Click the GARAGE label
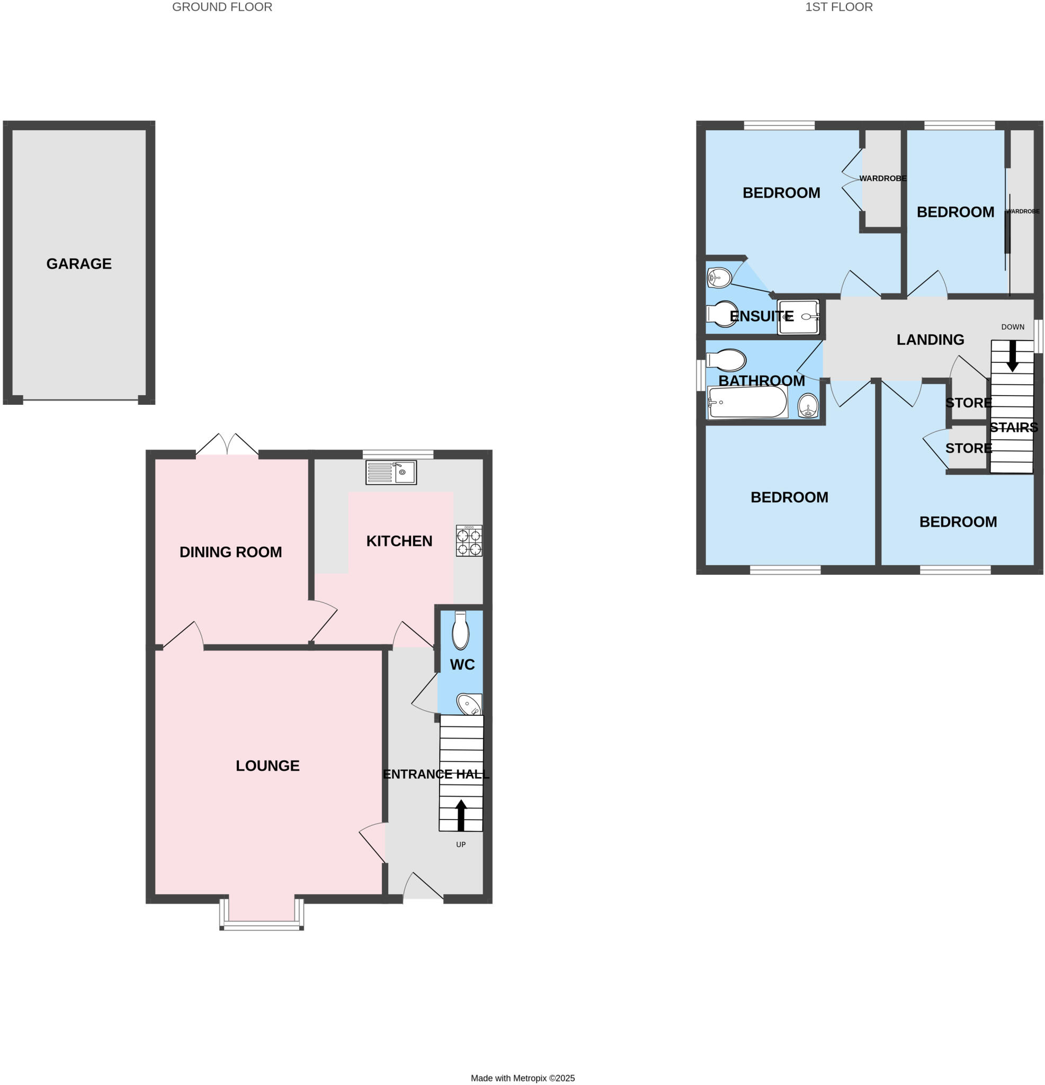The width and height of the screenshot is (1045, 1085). click(x=78, y=264)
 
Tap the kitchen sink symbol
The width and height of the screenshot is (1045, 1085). click(x=391, y=472)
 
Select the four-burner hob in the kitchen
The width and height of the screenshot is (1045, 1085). click(x=468, y=540)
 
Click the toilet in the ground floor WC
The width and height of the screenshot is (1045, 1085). click(x=460, y=630)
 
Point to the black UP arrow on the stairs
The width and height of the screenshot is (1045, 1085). click(x=460, y=815)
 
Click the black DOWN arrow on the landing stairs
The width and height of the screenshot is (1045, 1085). click(x=1012, y=355)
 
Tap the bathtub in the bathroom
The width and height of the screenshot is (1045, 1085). click(x=747, y=402)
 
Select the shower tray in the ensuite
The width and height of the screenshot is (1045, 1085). click(x=798, y=317)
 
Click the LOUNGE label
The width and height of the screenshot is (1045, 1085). click(x=267, y=766)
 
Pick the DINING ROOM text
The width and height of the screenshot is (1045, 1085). click(x=230, y=552)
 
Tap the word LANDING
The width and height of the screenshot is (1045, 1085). click(x=930, y=340)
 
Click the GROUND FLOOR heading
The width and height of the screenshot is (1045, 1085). click(x=222, y=7)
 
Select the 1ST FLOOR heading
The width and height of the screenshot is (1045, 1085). click(x=838, y=7)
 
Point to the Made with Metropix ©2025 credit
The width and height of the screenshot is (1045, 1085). click(x=522, y=1078)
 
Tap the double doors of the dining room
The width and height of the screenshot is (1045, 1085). click(x=227, y=444)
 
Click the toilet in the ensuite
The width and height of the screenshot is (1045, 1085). click(x=722, y=314)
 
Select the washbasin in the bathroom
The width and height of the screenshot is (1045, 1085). click(x=808, y=406)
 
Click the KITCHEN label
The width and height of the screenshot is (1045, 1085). click(x=399, y=541)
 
